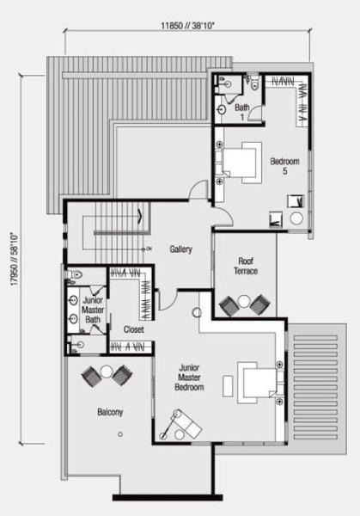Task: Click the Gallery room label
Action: tap(180, 249)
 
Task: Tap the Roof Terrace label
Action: tap(246, 266)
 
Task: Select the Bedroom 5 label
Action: tap(284, 166)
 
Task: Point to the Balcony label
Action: tap(110, 412)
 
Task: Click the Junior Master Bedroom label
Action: tap(189, 378)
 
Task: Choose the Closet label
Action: tap(133, 329)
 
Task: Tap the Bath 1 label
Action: tap(242, 112)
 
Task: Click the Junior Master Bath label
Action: tap(93, 310)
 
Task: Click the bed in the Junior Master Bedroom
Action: tap(257, 383)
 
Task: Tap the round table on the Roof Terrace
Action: tap(244, 301)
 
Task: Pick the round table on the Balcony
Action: tap(107, 372)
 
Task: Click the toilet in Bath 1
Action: tap(255, 83)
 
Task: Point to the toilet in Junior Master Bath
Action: tap(74, 274)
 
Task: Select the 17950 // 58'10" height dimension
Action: tap(15, 260)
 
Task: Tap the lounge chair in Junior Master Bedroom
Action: tap(184, 424)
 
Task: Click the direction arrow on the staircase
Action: tap(140, 216)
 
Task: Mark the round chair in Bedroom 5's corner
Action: tap(296, 218)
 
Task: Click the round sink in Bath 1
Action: tap(222, 109)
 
